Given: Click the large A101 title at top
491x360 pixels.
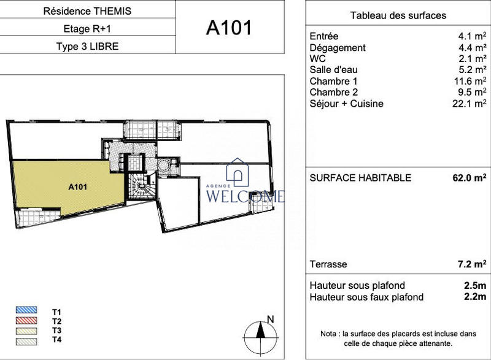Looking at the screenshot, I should click(229, 28).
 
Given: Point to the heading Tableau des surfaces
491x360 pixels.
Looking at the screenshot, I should click(398, 15).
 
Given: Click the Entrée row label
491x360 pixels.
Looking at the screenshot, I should click(324, 36).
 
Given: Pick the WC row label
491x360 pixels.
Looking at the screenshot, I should click(318, 59).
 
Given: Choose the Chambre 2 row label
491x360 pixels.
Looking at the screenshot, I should click(333, 92).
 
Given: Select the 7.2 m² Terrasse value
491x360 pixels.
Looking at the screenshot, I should click(471, 264).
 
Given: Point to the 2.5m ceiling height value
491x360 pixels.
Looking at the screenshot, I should click(474, 286).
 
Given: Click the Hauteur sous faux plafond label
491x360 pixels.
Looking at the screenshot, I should click(366, 297).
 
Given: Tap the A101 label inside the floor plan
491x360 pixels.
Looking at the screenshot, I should click(77, 188).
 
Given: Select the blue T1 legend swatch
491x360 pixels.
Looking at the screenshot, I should click(29, 312).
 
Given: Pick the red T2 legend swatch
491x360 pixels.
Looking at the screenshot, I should click(29, 321).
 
